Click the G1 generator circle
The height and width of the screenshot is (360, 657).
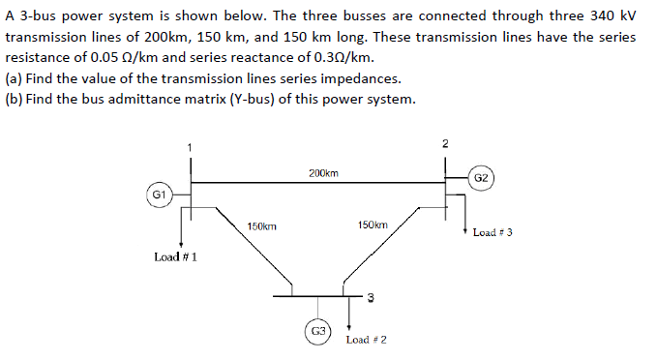[161, 195]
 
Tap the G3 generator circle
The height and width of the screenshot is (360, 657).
[317, 331]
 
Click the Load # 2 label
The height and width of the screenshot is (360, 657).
[367, 340]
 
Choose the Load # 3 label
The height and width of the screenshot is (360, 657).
[493, 232]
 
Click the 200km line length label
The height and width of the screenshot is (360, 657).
[323, 173]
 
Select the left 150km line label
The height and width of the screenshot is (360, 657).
[261, 225]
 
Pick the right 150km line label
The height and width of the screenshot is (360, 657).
[373, 225]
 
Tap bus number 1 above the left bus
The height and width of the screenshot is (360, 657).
[190, 146]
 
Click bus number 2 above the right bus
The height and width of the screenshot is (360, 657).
[444, 144]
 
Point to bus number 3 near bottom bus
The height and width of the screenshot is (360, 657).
[370, 296]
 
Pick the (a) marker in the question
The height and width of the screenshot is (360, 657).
[15, 78]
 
